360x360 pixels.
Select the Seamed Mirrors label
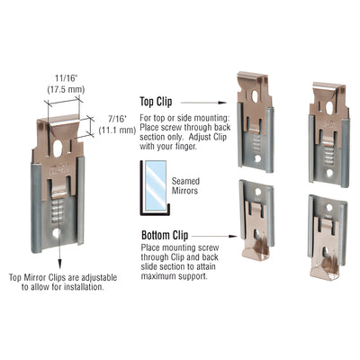click(x=179, y=183)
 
